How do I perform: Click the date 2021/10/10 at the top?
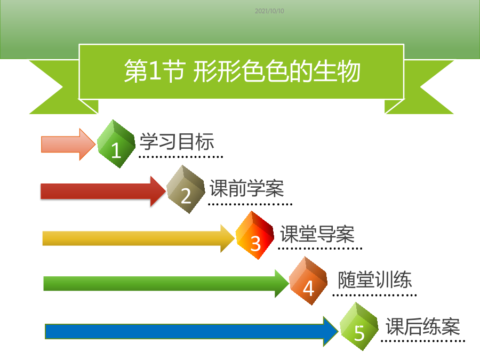[269, 11]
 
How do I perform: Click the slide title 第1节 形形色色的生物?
[242, 71]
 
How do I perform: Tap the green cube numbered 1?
[116, 143]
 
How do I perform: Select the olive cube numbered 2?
[186, 189]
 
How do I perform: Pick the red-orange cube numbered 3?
[255, 235]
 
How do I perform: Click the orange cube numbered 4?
[308, 281]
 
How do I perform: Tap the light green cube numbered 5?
[359, 326]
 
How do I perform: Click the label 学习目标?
[177, 142]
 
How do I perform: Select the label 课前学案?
[247, 188]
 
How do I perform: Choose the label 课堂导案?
[317, 234]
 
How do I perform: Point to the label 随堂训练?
[375, 279]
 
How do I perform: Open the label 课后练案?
[423, 326]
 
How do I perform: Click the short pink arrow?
[68, 144]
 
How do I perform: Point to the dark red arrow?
[103, 191]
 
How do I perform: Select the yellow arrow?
[139, 238]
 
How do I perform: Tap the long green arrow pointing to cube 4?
[166, 284]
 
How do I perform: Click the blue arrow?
[191, 331]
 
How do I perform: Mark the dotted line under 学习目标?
[181, 157]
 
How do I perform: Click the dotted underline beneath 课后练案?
[423, 341]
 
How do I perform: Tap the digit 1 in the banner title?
[155, 71]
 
